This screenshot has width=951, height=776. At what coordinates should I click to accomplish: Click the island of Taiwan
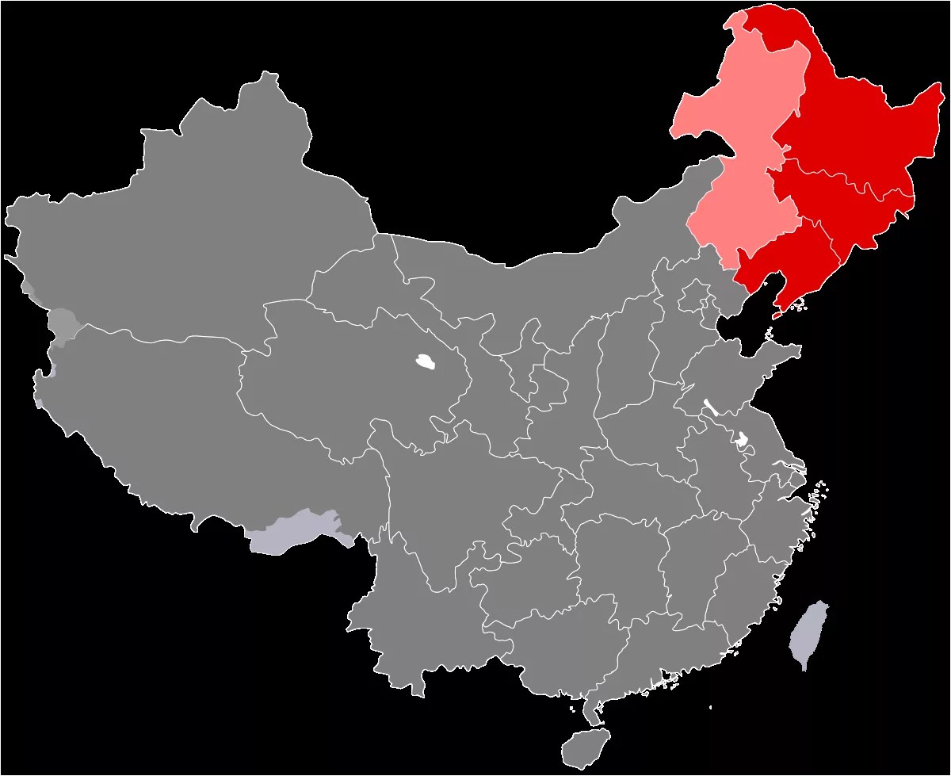click(x=809, y=633)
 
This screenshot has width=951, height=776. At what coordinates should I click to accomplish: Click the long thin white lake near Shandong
click(x=711, y=407)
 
